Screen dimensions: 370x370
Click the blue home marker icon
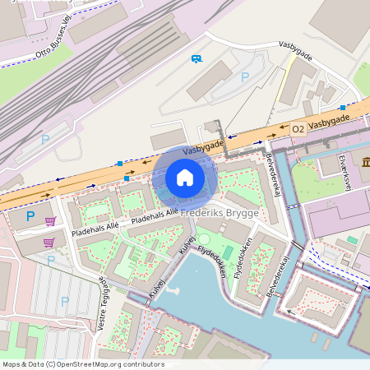pos(185,178)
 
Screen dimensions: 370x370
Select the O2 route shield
pos(298,129)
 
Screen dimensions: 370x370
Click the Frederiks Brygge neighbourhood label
pos(220,213)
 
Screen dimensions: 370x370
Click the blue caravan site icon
pos(197,58)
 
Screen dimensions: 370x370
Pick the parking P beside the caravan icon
pos(244,76)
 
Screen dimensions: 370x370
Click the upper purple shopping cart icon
pos(50,221)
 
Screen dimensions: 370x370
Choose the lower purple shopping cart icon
pos(49,243)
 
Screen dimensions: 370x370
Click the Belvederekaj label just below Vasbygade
pos(274,174)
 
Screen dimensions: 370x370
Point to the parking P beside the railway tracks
pos(45,140)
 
